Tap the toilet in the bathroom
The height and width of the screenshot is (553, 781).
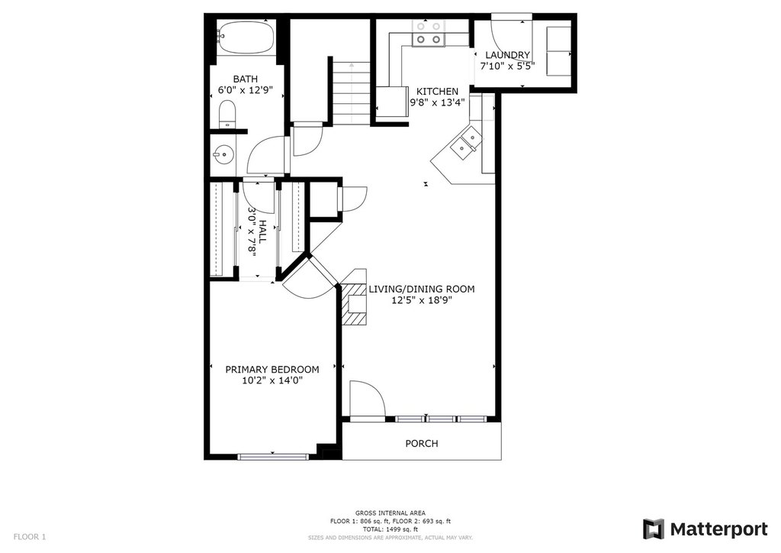click(x=227, y=114)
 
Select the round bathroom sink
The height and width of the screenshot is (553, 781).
click(x=223, y=154)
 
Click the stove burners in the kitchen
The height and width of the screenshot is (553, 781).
click(x=429, y=34)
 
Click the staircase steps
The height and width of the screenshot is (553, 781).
click(x=352, y=92)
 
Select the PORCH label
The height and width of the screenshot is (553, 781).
click(x=421, y=443)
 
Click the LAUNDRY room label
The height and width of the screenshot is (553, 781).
click(x=507, y=55)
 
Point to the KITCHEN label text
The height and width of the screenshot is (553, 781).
click(x=437, y=92)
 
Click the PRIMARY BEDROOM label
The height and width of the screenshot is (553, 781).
click(x=272, y=370)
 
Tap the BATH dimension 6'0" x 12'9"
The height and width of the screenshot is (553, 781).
click(x=246, y=90)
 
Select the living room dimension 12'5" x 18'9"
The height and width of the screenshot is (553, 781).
click(x=421, y=299)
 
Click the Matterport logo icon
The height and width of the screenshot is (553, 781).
click(x=654, y=529)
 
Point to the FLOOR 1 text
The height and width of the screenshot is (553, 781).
click(x=30, y=537)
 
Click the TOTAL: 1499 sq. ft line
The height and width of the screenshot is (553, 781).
click(x=390, y=529)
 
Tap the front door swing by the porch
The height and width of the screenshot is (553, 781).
click(x=368, y=398)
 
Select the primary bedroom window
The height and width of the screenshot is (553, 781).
click(x=272, y=456)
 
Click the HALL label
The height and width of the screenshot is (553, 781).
click(x=262, y=232)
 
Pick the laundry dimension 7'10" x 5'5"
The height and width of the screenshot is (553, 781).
click(x=507, y=66)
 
